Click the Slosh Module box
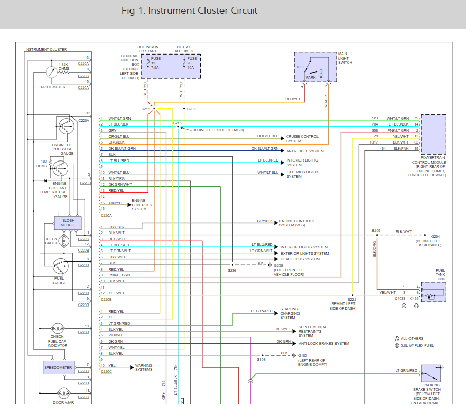coord(68,223)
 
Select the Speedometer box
coord(58,368)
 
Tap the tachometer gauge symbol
coord(52,72)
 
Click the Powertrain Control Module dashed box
coord(434,135)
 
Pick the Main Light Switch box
coord(315,67)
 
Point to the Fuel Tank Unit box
coord(434,292)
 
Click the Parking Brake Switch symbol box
coord(431,373)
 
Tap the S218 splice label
coord(145,109)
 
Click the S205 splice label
coord(191,109)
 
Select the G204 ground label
coord(435,236)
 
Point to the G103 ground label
coord(302,355)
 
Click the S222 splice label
coord(352,300)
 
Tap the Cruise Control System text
coord(302,139)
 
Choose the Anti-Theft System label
coord(305,151)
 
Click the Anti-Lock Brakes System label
coord(324,344)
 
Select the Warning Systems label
coord(143,368)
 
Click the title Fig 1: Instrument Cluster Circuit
coord(190,11)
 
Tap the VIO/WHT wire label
coord(117,335)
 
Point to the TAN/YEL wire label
coord(116,203)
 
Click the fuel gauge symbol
coord(61,266)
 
